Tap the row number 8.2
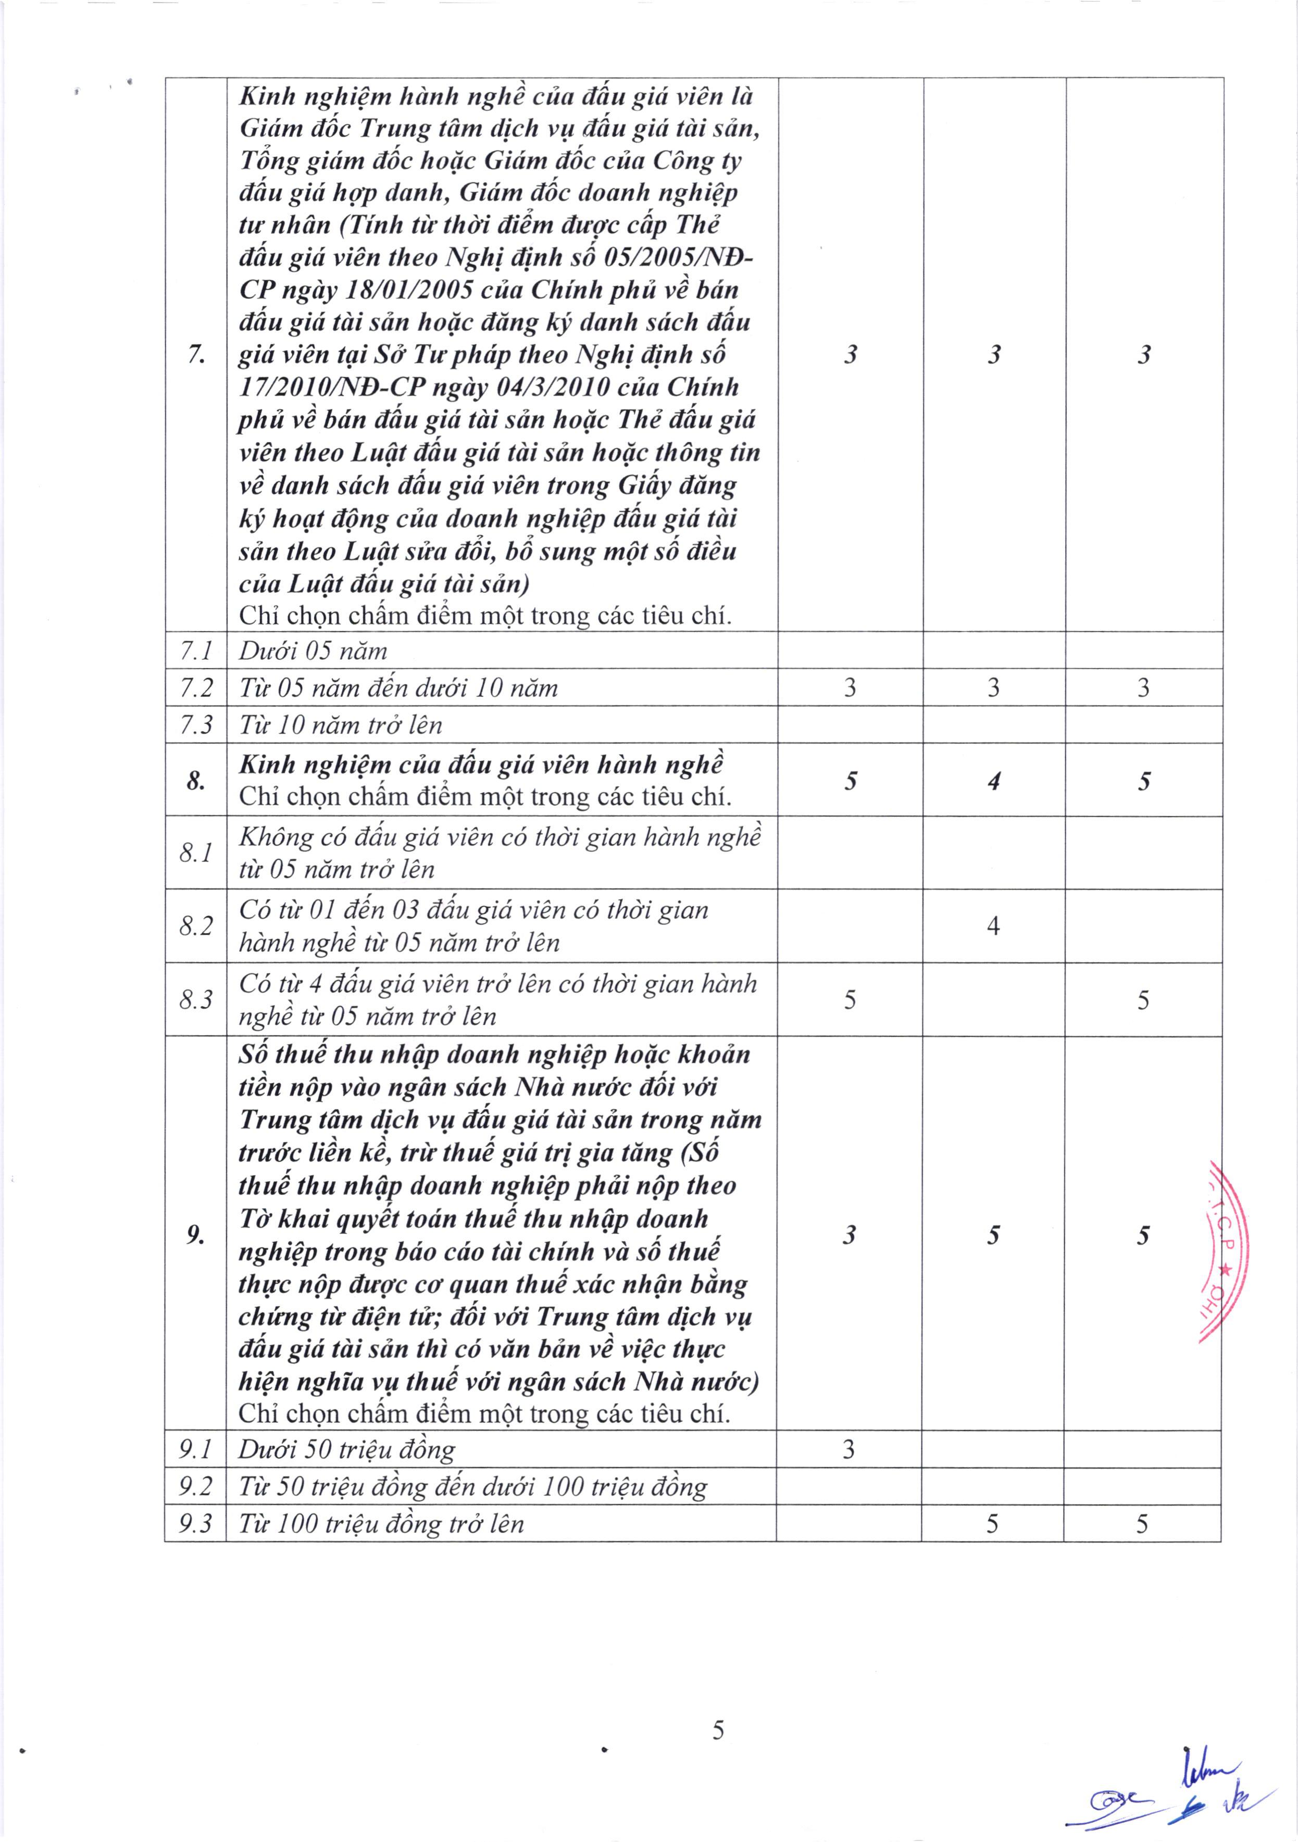tap(196, 926)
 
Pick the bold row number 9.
tap(195, 1235)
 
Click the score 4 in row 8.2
tap(993, 926)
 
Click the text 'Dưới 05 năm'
tap(313, 650)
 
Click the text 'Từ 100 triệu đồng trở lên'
tap(381, 1523)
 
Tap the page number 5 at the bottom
tap(718, 1731)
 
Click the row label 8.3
tap(196, 999)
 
